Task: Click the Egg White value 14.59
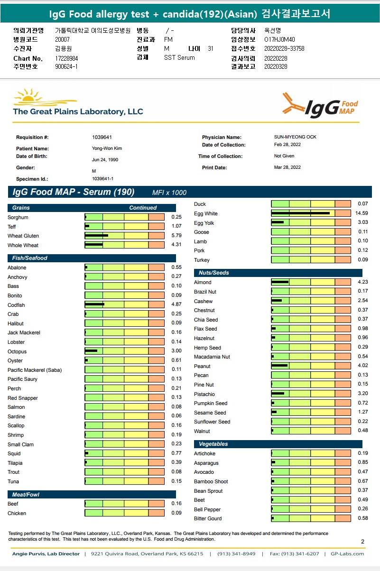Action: (x=361, y=213)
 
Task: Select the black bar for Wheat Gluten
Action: (x=97, y=236)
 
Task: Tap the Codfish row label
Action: (x=16, y=305)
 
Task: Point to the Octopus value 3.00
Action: (x=176, y=351)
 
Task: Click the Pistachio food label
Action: (x=204, y=394)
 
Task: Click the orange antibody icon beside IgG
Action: (x=293, y=103)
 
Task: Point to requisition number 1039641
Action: (x=102, y=137)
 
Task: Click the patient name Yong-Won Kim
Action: (x=107, y=148)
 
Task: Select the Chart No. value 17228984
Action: (x=66, y=58)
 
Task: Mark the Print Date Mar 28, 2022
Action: (x=287, y=167)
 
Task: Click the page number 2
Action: (x=362, y=542)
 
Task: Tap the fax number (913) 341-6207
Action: (x=302, y=554)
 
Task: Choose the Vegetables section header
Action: (x=213, y=444)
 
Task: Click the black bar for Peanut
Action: (x=280, y=366)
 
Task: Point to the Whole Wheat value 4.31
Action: (x=176, y=245)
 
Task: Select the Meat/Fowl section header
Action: (x=26, y=495)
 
